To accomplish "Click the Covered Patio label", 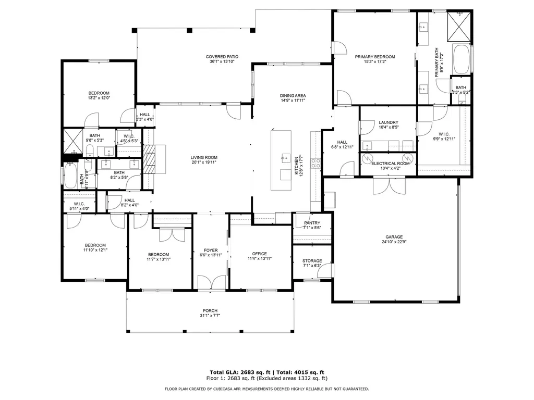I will point(222,57).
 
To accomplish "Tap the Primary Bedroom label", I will point(374,57).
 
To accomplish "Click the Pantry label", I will point(312,223).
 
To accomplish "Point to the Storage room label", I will point(312,261).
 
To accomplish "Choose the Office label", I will point(259,254).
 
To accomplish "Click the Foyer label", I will point(210,251).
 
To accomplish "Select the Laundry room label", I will point(388,122).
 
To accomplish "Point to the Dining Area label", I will point(293,96).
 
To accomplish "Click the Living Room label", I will point(203,157).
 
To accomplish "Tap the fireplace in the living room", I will point(150,159).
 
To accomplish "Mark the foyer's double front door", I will point(211,282).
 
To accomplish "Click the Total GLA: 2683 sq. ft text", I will point(238,372).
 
